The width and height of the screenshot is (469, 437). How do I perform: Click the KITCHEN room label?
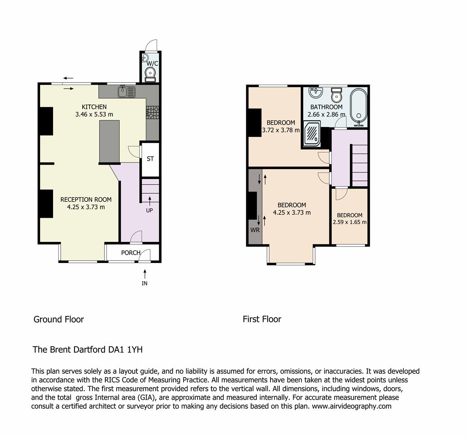[94, 107]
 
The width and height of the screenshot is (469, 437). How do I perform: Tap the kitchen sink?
[127, 91]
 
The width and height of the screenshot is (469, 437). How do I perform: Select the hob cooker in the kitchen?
[153, 112]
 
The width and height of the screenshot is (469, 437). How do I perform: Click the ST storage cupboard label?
[150, 159]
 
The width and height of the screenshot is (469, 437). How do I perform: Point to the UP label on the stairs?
[149, 210]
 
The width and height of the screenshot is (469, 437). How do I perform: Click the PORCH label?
[131, 252]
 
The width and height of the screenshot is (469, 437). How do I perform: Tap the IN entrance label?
[145, 283]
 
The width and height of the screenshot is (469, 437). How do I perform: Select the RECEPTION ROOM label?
[86, 199]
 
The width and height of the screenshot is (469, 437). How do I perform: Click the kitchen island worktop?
[109, 141]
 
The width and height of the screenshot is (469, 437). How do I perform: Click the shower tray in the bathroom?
[312, 133]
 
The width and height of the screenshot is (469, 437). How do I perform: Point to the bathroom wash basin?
[315, 93]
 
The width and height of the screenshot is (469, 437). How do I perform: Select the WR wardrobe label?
[255, 230]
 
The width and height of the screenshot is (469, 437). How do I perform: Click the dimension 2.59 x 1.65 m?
[350, 222]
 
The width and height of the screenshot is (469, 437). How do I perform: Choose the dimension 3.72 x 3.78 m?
[281, 130]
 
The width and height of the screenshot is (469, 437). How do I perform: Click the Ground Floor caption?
[59, 319]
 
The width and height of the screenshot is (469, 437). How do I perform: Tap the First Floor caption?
[262, 319]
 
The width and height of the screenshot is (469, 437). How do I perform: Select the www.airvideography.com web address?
[352, 406]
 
